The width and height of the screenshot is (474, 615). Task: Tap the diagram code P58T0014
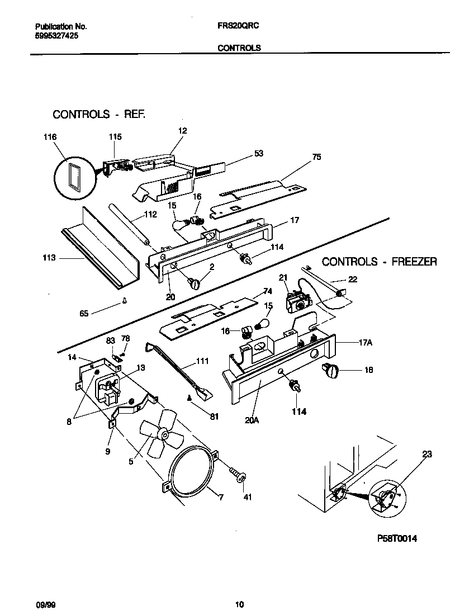click(397, 538)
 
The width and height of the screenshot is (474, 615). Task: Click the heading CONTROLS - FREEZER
click(380, 261)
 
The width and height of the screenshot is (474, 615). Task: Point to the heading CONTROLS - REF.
click(99, 115)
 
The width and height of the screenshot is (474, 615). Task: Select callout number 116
click(50, 136)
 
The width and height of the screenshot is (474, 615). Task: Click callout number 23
click(427, 455)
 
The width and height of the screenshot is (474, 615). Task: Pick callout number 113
click(49, 258)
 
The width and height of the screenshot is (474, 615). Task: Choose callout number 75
click(316, 157)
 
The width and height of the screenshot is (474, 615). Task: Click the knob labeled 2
click(195, 283)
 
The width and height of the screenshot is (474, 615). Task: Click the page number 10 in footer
click(239, 604)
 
